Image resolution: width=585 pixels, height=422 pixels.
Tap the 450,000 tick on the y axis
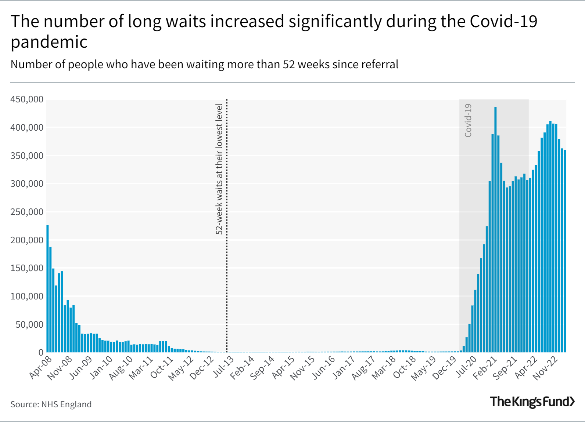coord(27,99)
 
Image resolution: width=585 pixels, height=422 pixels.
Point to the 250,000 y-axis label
coord(27,212)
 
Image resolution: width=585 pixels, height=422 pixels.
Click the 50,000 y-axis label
coord(29,325)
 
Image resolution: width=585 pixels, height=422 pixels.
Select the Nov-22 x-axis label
coord(546,368)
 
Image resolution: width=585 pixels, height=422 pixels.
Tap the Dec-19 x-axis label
coord(445,368)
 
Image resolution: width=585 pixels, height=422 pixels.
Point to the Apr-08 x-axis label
coord(41,367)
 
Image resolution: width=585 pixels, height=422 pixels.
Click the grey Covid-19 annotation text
coord(468,120)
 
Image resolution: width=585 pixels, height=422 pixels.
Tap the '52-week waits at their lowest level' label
coord(219,169)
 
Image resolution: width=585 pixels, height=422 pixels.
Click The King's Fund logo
coord(532,401)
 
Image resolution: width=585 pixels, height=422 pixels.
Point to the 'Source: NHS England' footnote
coord(51,404)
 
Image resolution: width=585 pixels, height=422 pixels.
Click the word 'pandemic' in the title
coord(49,42)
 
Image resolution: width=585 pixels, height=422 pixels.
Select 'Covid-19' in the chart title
coord(503,21)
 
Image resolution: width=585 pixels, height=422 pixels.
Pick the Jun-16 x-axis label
coord(324,368)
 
